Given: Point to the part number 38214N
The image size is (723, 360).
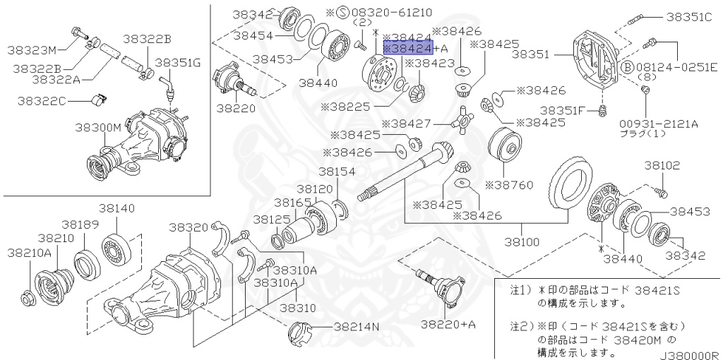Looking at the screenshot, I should point(357,327).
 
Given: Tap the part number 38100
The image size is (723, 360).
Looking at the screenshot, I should point(522,241).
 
